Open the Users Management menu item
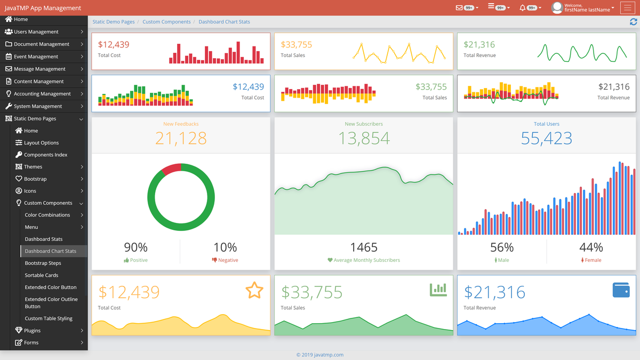coord(36,32)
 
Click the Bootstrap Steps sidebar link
coord(43,263)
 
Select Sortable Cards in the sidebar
coord(42,275)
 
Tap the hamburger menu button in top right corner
coord(627,8)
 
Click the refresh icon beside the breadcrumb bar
coord(633,22)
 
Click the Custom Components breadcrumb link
coord(166,22)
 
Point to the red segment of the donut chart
coord(171,169)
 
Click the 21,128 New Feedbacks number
coord(181,139)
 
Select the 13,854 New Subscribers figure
coord(364,139)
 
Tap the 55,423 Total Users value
coord(546,139)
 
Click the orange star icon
coord(254,290)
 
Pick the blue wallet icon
coord(621,290)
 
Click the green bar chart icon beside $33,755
coord(438,290)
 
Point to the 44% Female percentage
coord(591,247)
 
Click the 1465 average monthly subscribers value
coord(364,247)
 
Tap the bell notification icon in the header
coord(522,8)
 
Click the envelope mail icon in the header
coord(459,8)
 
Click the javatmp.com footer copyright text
coord(320,355)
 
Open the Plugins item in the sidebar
coord(32,331)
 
